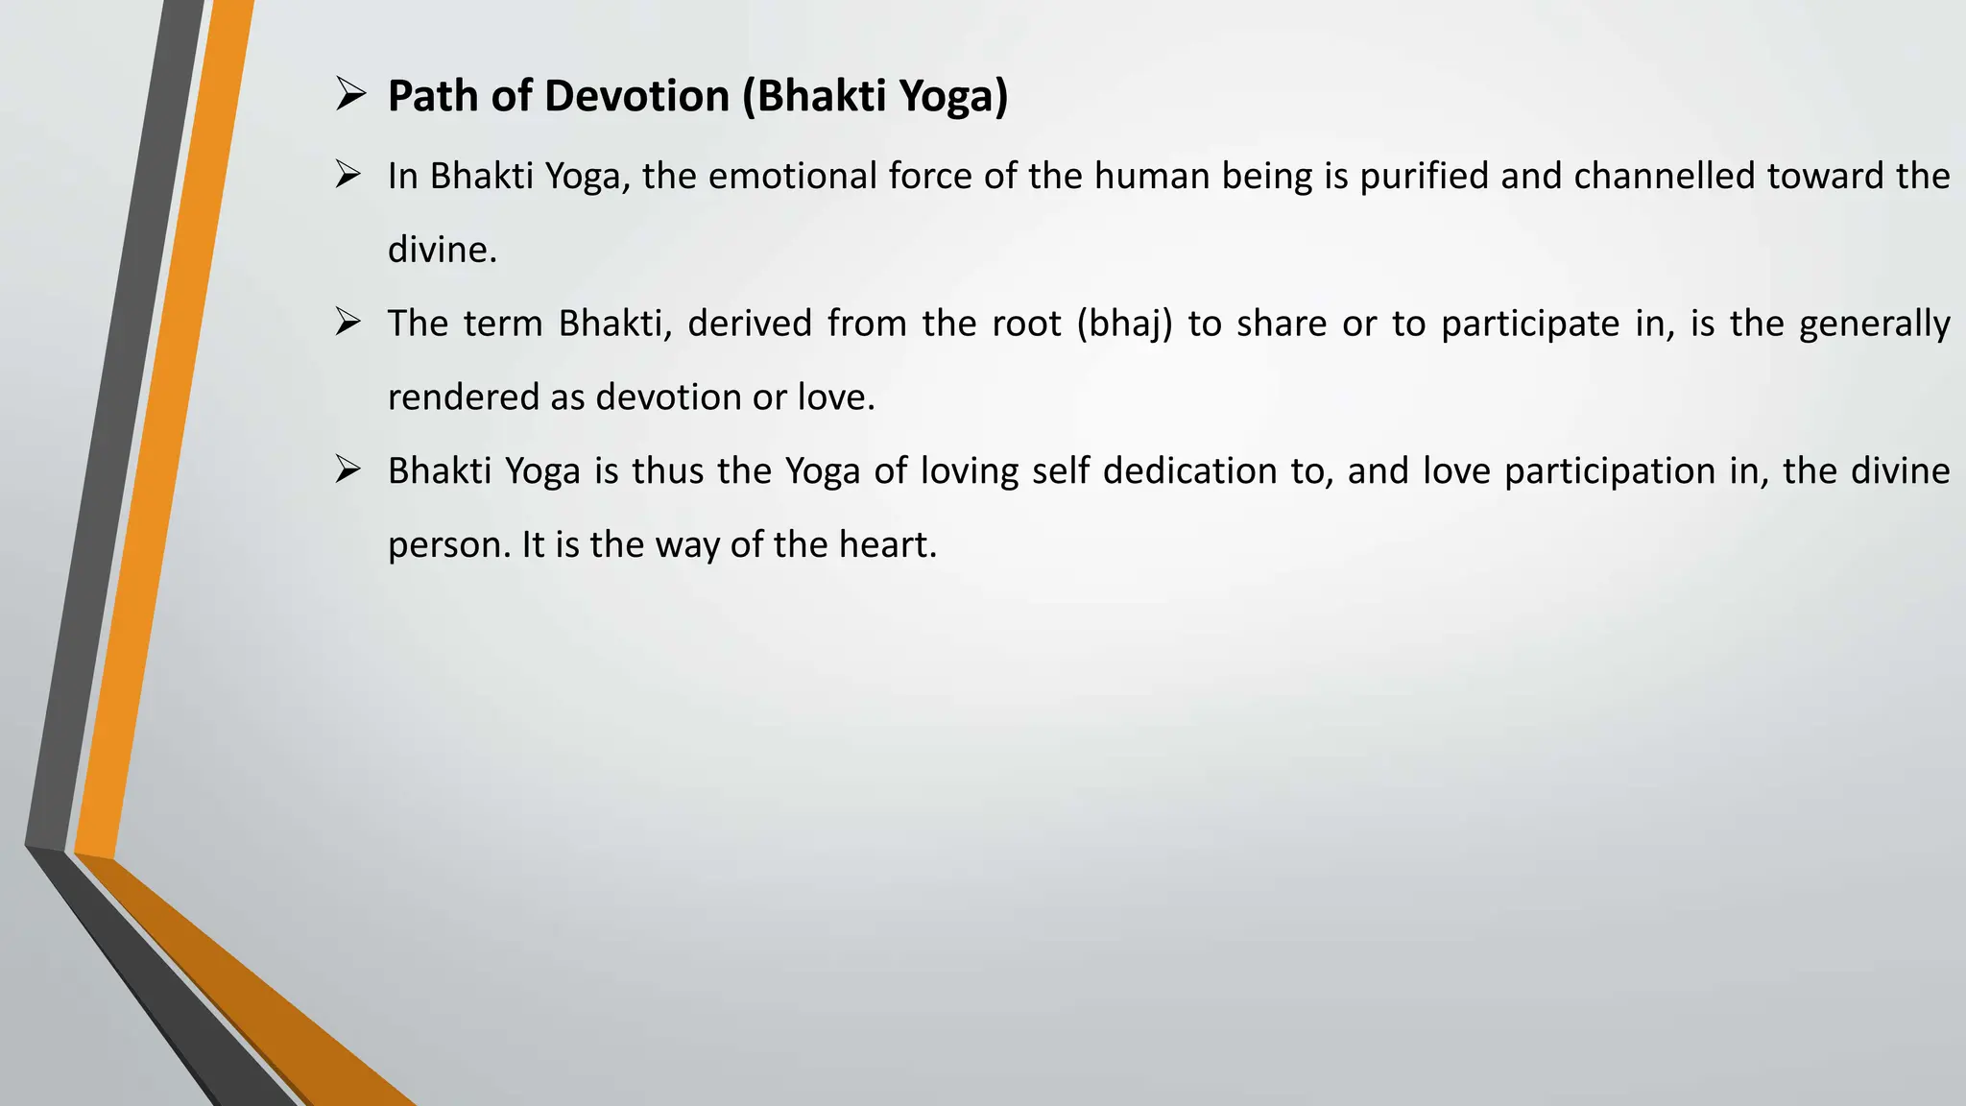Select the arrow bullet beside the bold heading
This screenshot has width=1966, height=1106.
point(349,95)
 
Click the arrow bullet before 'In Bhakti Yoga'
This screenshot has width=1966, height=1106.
point(348,175)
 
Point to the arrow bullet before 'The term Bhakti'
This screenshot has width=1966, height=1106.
point(348,323)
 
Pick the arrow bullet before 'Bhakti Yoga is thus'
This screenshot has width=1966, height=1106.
point(348,469)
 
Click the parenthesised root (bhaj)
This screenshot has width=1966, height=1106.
point(1124,325)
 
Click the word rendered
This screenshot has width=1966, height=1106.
point(463,397)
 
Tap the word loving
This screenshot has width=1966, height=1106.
point(970,471)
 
